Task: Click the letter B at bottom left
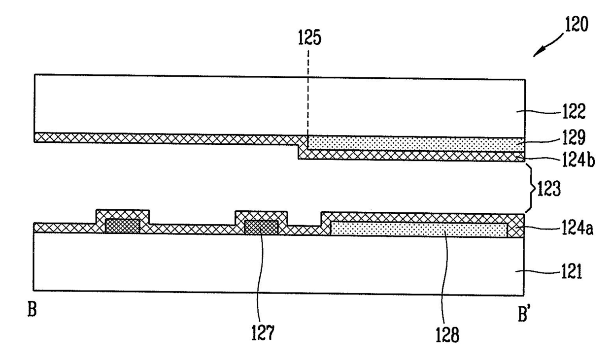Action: [x=32, y=311]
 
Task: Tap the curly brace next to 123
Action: [x=531, y=188]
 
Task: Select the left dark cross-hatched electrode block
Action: [x=123, y=226]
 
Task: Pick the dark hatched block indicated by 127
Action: [x=261, y=227]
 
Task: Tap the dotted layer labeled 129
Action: [x=414, y=143]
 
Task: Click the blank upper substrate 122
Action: [x=197, y=103]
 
